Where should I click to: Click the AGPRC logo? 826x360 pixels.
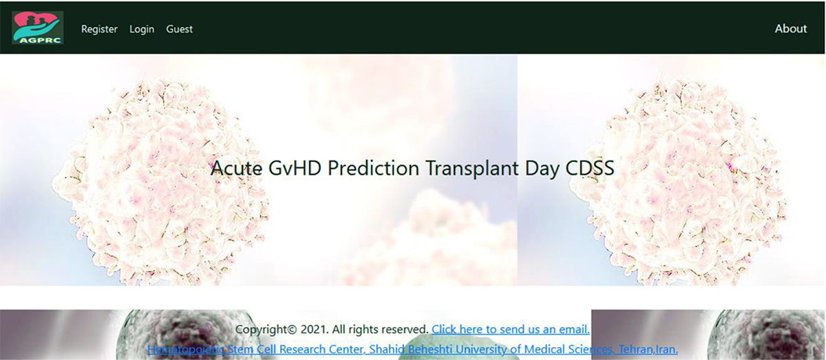coord(38,28)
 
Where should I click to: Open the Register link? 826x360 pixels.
coord(99,29)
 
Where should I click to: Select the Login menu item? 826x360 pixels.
coord(142,29)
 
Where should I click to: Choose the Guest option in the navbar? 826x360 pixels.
coord(179,29)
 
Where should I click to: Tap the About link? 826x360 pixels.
coord(791,28)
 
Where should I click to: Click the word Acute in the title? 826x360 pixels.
coord(236,168)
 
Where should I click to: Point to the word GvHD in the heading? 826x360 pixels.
coord(295,168)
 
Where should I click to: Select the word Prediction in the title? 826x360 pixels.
coord(373,168)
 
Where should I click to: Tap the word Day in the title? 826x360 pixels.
coord(542,169)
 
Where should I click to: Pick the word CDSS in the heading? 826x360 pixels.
coord(590,168)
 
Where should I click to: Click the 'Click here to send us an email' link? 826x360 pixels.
coord(510,329)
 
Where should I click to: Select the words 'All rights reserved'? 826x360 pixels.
coord(380,329)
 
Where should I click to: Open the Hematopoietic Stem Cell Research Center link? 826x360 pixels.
coord(412,349)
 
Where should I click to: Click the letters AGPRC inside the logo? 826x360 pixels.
coord(40,40)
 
